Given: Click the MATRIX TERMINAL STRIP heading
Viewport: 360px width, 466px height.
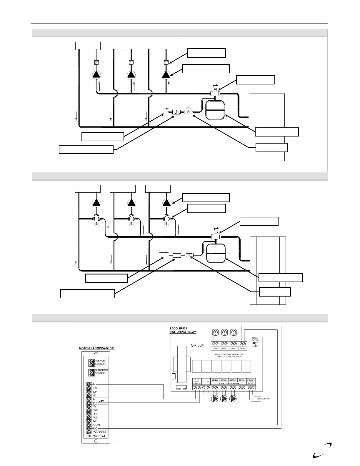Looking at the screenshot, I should point(97,347).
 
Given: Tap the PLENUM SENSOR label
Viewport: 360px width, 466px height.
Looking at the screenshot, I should point(100,362).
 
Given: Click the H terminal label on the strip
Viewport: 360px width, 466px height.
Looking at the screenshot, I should point(94,384).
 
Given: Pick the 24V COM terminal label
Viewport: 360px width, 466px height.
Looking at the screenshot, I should point(99,432).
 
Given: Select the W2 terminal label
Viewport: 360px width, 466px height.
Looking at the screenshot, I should point(95,410).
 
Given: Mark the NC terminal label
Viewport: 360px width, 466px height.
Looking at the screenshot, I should point(95,421).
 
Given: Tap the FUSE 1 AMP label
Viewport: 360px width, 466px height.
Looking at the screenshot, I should point(181,389).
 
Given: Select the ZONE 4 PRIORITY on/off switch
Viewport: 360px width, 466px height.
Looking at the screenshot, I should point(254,344).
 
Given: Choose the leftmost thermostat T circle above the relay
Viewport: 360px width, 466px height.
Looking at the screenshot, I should point(215,332).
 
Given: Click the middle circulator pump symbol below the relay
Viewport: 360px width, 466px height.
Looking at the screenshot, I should point(224,399).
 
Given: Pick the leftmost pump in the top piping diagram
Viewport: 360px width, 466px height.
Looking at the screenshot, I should point(96,75).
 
